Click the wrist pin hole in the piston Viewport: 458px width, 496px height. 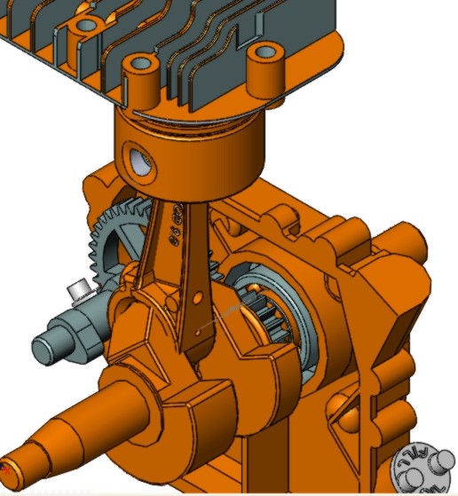pos(138,161)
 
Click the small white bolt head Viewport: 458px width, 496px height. pos(78,290)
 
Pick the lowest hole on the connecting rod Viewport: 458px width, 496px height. pos(196,333)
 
